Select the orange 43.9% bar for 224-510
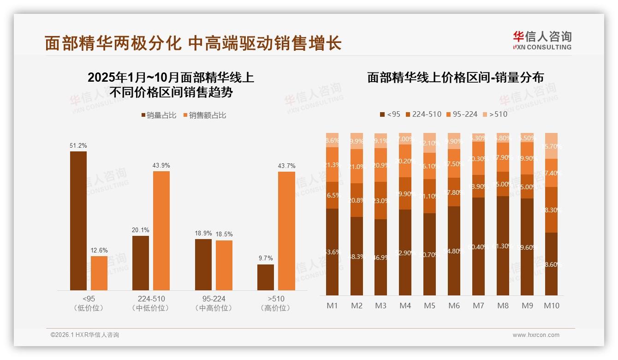(x=161, y=231)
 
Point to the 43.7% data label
(x=286, y=166)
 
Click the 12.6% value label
(x=99, y=250)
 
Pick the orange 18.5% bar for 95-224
(x=224, y=265)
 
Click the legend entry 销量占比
(x=159, y=115)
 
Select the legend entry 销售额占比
(x=205, y=115)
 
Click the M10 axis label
(x=551, y=306)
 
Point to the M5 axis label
(x=429, y=306)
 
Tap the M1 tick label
(x=332, y=306)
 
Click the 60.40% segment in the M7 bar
(x=478, y=246)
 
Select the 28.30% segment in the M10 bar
(x=551, y=210)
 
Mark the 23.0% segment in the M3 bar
(x=380, y=201)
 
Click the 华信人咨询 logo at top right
(x=542, y=40)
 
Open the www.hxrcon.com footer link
(x=535, y=335)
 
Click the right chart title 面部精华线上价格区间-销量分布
(x=455, y=78)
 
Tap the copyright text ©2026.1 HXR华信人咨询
(x=85, y=335)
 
